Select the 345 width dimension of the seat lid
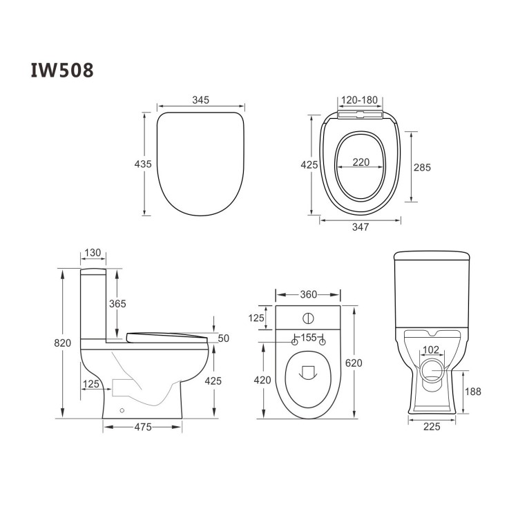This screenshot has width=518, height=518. pyautogui.click(x=200, y=101)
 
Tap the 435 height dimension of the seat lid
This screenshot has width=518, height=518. pyautogui.click(x=142, y=164)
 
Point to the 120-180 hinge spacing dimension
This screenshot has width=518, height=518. pyautogui.click(x=360, y=101)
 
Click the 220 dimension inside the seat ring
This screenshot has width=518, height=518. pyautogui.click(x=361, y=163)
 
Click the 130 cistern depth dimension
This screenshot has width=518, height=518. pyautogui.click(x=93, y=253)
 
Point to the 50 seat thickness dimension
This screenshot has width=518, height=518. pyautogui.click(x=223, y=338)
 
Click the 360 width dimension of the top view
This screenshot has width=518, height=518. pyautogui.click(x=308, y=295)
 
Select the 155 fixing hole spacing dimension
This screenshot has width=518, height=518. pyautogui.click(x=308, y=338)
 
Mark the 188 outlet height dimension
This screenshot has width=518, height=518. pyautogui.click(x=473, y=392)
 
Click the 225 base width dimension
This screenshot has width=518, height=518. pyautogui.click(x=432, y=427)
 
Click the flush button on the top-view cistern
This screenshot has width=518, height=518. pyautogui.click(x=308, y=319)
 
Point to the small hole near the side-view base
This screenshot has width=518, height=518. pyautogui.click(x=122, y=410)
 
